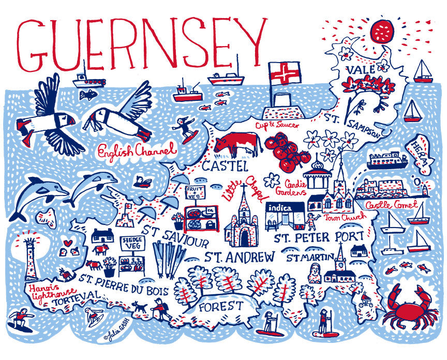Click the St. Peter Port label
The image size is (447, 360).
(319, 237)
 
